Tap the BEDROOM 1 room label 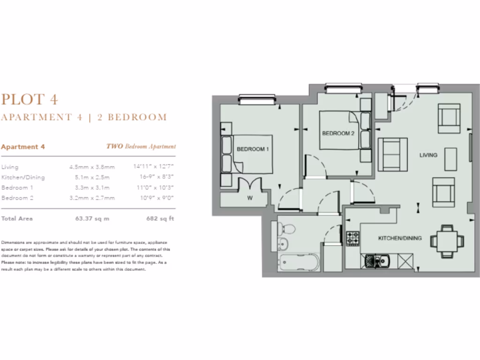[x=253, y=149]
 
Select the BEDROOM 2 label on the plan [x=338, y=134]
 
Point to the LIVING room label [x=428, y=155]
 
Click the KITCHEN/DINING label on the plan [x=400, y=238]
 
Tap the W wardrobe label [x=250, y=198]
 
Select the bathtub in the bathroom [x=299, y=263]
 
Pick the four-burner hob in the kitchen [x=352, y=238]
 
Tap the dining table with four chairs [x=447, y=240]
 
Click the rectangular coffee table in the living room [x=450, y=159]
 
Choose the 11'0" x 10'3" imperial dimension [x=154, y=187]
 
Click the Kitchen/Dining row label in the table [x=23, y=177]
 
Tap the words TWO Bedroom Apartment [x=141, y=147]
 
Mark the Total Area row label [x=17, y=218]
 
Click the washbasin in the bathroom [x=283, y=244]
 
